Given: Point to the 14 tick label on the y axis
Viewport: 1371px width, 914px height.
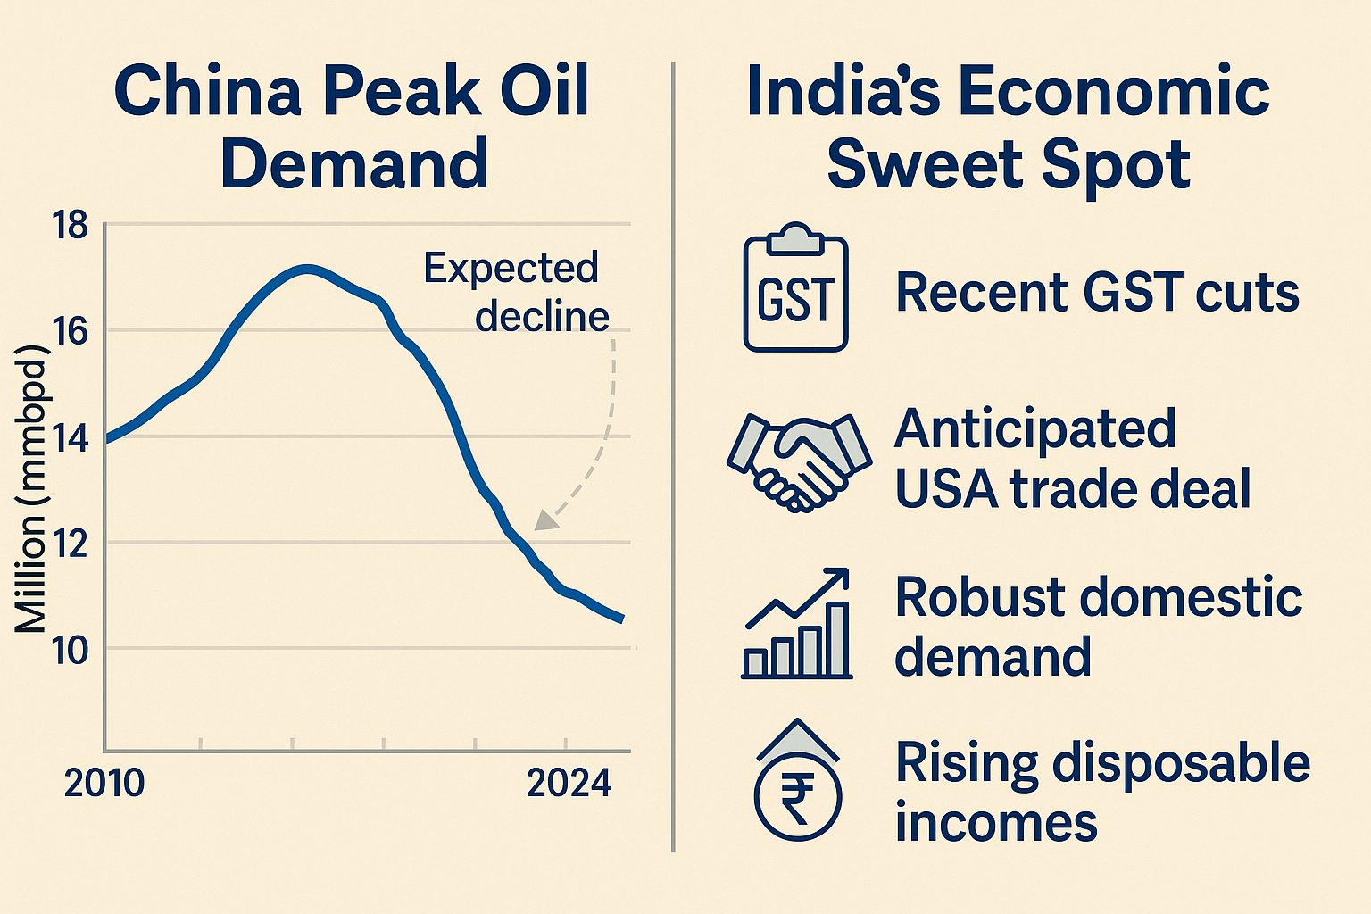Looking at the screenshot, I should tap(71, 439).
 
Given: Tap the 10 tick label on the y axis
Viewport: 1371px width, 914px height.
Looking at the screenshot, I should tap(71, 651).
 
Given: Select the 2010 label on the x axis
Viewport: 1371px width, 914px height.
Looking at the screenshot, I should tap(104, 783).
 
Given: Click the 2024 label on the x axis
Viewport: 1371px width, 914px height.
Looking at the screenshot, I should tap(569, 783).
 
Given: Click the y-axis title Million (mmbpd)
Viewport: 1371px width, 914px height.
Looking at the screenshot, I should tap(32, 486).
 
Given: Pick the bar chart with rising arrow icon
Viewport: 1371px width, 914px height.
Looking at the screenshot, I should tap(797, 625).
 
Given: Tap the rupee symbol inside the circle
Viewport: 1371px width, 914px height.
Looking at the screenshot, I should tap(797, 796).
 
